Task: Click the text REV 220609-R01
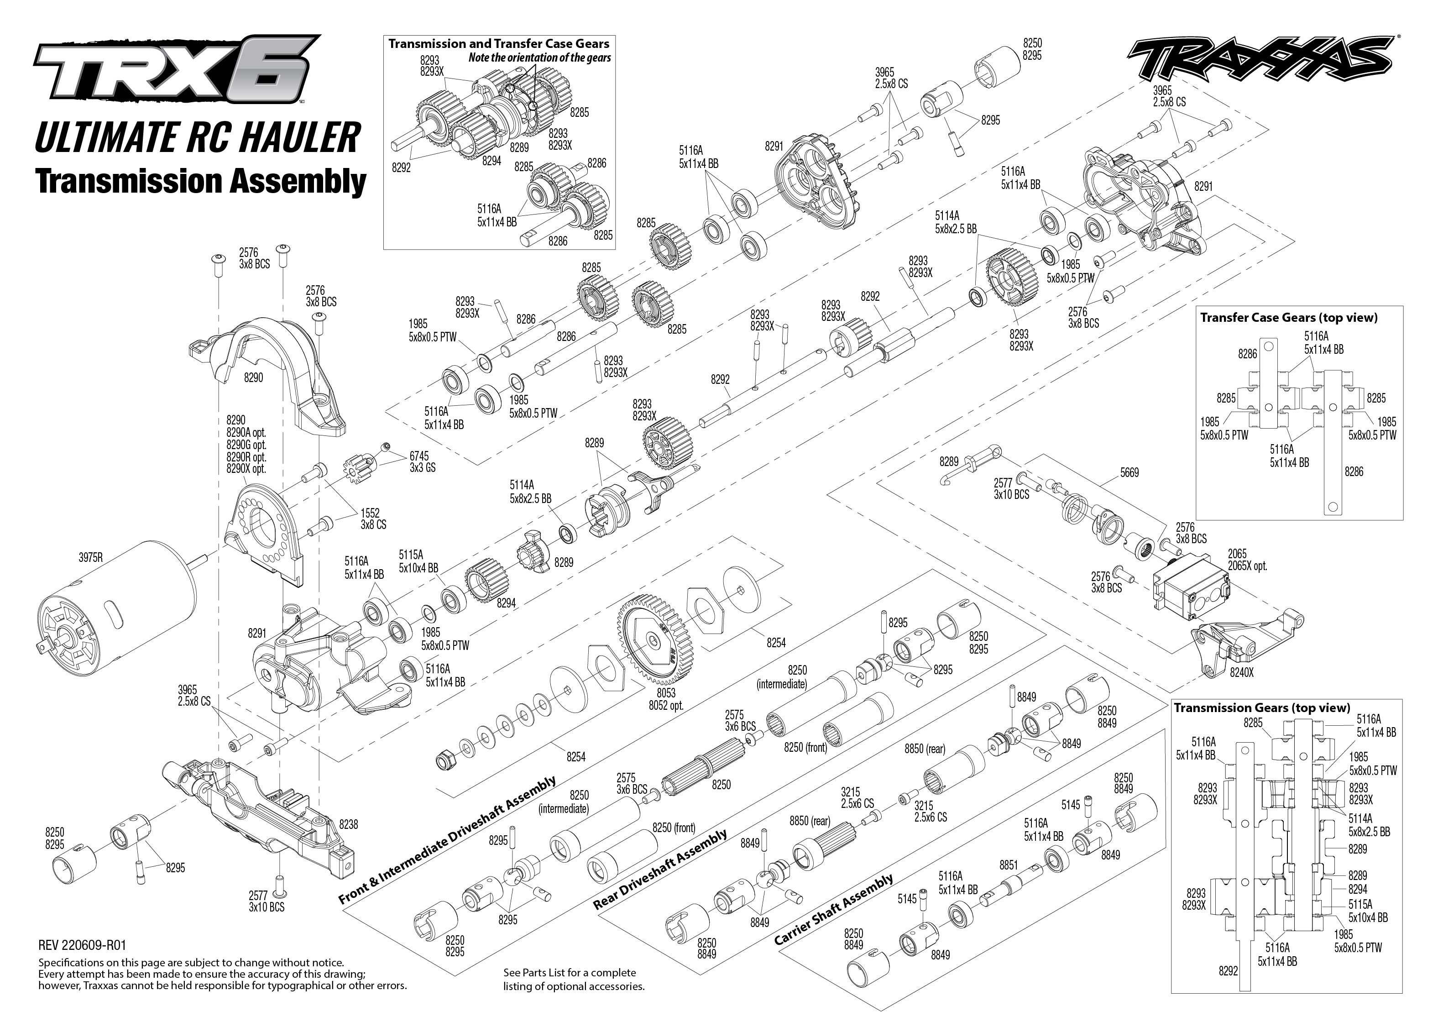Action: [82, 945]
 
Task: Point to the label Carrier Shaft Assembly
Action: [833, 909]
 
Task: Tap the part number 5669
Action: [1129, 472]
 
